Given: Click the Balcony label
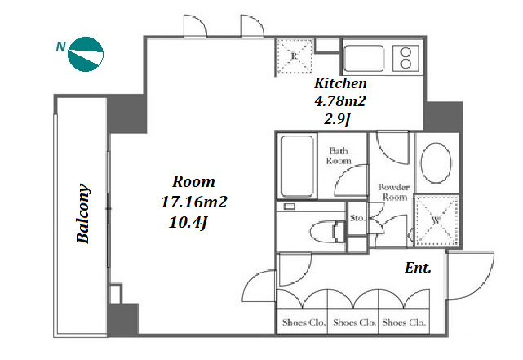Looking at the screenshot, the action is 83,213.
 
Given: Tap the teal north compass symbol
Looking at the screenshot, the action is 86,55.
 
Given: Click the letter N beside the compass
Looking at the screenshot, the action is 60,47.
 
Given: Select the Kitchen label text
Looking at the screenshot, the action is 340,83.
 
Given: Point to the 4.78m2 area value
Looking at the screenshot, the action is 340,100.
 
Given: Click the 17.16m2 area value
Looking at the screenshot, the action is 194,202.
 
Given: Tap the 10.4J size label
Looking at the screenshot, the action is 188,222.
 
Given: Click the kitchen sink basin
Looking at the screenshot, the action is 363,58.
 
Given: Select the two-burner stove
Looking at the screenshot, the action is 406,58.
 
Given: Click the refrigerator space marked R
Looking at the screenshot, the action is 294,56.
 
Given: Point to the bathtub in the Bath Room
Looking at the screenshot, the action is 296,167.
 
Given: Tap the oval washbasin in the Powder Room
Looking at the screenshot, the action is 436,162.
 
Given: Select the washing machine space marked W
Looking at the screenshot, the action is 437,220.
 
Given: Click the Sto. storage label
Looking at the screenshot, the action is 357,219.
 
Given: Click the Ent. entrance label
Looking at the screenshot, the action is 418,268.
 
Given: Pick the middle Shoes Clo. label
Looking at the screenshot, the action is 354,322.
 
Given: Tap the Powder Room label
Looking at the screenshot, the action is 394,192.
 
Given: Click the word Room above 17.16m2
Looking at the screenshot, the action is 194,182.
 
